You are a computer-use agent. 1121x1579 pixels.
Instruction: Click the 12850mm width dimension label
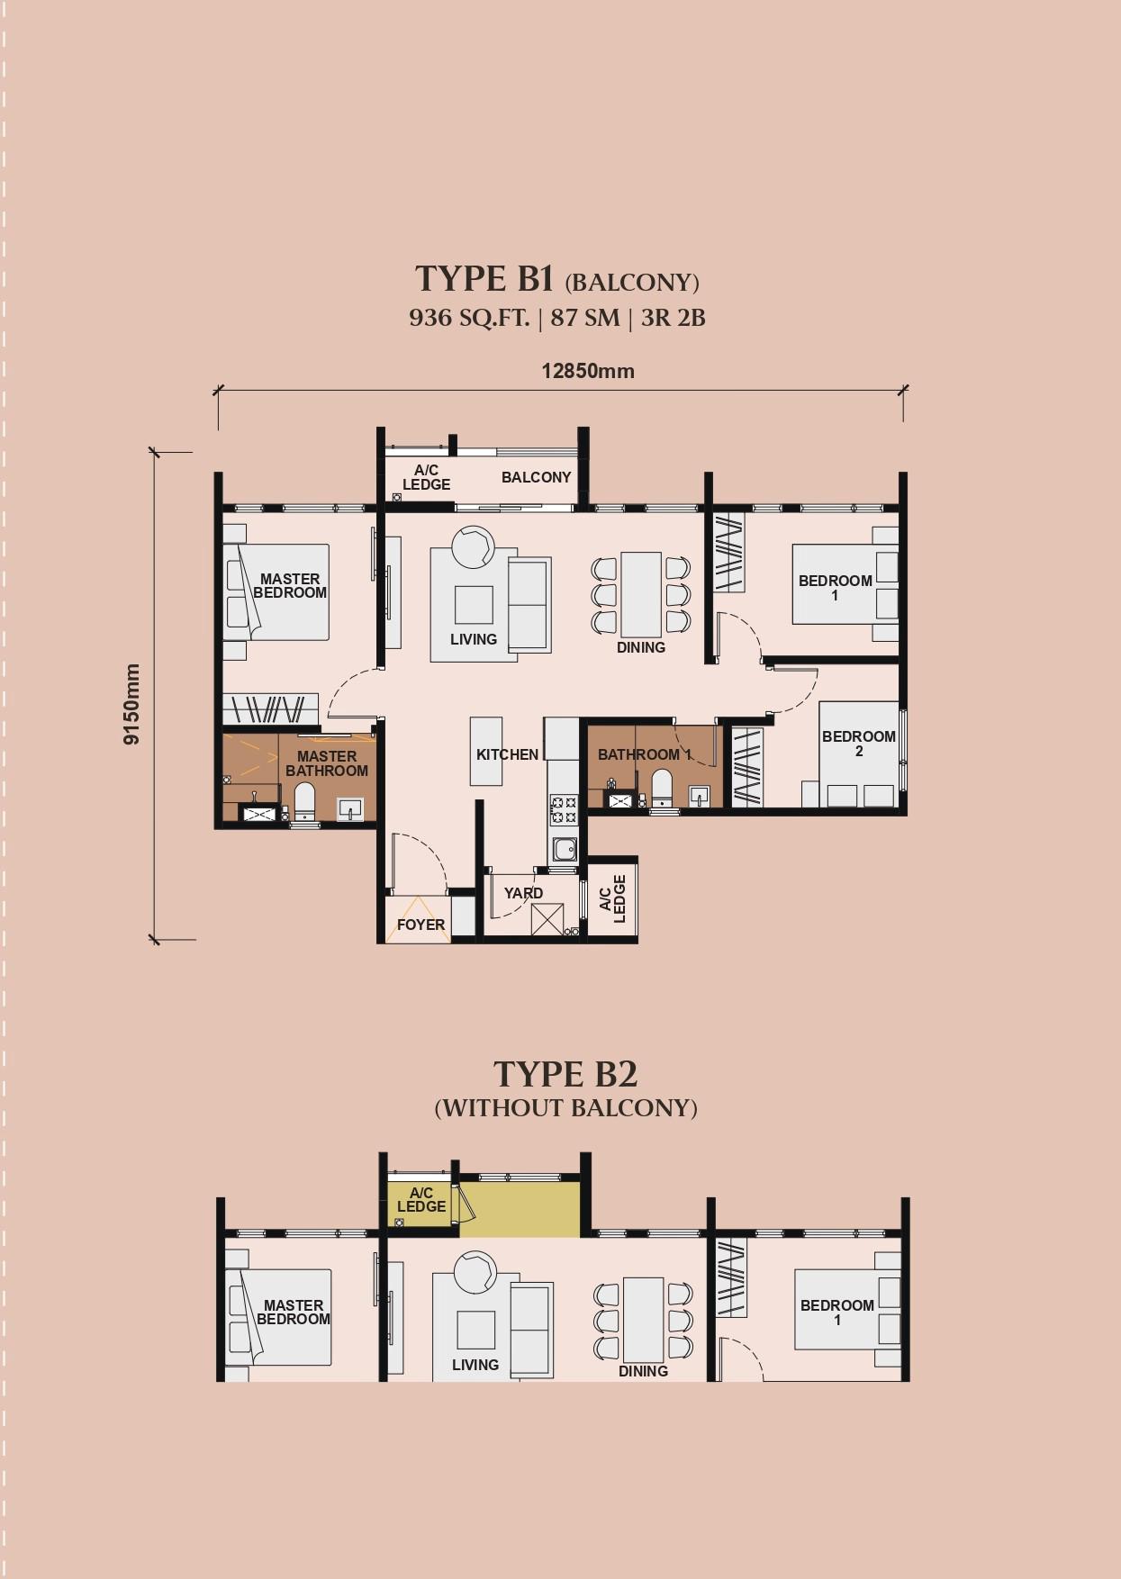pyautogui.click(x=587, y=371)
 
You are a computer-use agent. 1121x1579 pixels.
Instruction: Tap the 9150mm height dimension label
pyautogui.click(x=132, y=704)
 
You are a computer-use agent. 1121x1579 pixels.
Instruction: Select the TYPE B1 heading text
pyautogui.click(x=484, y=279)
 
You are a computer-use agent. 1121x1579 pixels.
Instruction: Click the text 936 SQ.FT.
pyautogui.click(x=468, y=318)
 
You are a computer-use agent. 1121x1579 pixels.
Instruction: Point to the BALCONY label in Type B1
pyautogui.click(x=536, y=477)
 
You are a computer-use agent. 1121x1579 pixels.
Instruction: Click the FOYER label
pyautogui.click(x=420, y=925)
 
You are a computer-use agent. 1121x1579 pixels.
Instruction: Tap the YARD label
pyautogui.click(x=523, y=893)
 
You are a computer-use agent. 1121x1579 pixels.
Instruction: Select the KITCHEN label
pyautogui.click(x=507, y=754)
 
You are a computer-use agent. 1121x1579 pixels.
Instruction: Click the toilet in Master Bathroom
pyautogui.click(x=304, y=801)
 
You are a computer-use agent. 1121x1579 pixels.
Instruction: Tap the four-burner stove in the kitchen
pyautogui.click(x=564, y=809)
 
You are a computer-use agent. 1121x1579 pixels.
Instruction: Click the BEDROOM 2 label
pyautogui.click(x=858, y=744)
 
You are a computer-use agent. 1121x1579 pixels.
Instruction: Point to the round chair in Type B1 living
pyautogui.click(x=473, y=546)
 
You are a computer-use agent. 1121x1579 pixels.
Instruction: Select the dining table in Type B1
pyautogui.click(x=641, y=595)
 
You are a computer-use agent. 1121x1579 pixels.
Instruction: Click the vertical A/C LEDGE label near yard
pyautogui.click(x=612, y=898)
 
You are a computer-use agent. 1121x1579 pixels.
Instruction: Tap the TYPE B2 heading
pyautogui.click(x=565, y=1074)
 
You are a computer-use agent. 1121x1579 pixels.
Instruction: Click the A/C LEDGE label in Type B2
pyautogui.click(x=421, y=1200)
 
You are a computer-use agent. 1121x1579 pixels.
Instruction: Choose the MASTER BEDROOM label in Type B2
pyautogui.click(x=293, y=1312)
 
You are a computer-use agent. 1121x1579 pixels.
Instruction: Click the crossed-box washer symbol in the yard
pyautogui.click(x=547, y=919)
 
